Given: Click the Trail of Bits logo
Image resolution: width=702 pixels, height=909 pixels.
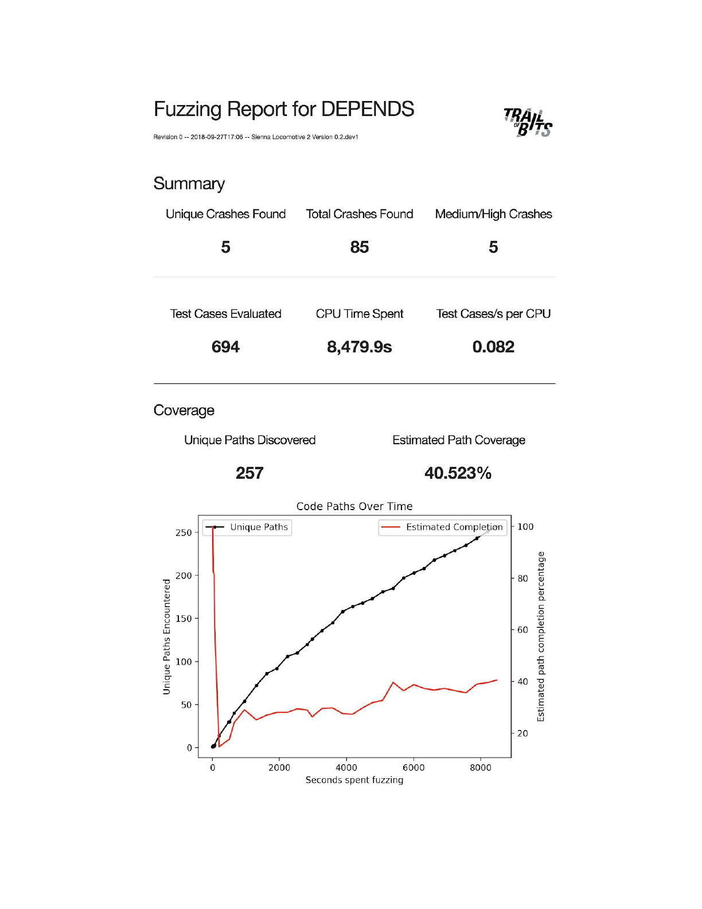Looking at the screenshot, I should pyautogui.click(x=528, y=123).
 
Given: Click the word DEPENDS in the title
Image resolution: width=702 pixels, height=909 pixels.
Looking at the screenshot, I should pyautogui.click(x=367, y=109).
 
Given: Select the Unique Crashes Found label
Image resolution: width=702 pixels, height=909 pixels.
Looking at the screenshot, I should pyautogui.click(x=225, y=214).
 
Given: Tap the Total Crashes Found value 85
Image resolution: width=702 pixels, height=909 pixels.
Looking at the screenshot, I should pyautogui.click(x=360, y=247).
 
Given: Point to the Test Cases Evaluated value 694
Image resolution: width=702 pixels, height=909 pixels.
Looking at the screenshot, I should pyautogui.click(x=225, y=347).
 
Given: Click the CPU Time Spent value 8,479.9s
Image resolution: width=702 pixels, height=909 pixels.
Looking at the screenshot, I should pyautogui.click(x=360, y=347).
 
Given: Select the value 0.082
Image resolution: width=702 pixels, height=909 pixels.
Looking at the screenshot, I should pyautogui.click(x=493, y=347).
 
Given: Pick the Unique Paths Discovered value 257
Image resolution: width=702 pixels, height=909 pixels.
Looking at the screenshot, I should pyautogui.click(x=249, y=473).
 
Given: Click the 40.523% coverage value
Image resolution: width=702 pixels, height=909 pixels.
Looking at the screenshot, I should pyautogui.click(x=458, y=473).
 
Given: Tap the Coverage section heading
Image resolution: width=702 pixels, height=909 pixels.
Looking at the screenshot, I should pyautogui.click(x=184, y=410).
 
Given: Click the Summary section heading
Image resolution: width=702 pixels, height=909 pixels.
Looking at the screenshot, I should pyautogui.click(x=189, y=184).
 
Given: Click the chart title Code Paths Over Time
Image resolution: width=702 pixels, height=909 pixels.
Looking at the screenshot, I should pyautogui.click(x=354, y=506).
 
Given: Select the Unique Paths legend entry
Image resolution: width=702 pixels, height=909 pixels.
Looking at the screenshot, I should pyautogui.click(x=248, y=527).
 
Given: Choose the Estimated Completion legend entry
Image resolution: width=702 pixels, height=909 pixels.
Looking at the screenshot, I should pyautogui.click(x=443, y=527).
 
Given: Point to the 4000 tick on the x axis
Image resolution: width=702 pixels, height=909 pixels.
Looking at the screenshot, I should pyautogui.click(x=346, y=768).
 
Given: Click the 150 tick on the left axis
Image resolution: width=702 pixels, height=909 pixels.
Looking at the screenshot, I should pyautogui.click(x=184, y=619).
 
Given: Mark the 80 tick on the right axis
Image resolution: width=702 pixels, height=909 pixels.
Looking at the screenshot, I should pyautogui.click(x=522, y=578).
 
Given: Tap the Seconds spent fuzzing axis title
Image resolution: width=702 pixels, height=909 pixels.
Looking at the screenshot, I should pyautogui.click(x=354, y=780).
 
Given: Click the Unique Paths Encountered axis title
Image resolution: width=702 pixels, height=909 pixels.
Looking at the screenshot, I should pyautogui.click(x=167, y=636).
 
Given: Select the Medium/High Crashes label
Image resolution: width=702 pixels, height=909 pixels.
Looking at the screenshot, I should pyautogui.click(x=493, y=214).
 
